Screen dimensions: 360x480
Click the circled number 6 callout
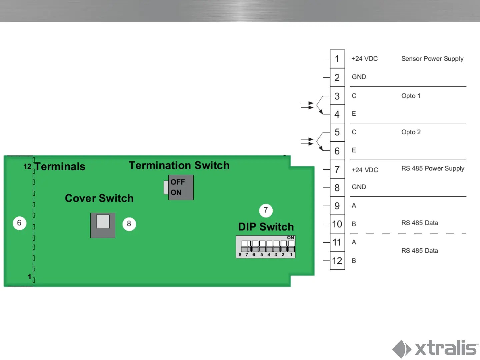(x=19, y=223)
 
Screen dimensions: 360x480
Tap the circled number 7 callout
(x=266, y=210)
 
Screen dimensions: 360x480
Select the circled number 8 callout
(x=129, y=224)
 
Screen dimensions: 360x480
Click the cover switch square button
(x=103, y=222)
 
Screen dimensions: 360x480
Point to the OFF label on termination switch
(x=178, y=182)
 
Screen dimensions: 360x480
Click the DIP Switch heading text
(x=266, y=227)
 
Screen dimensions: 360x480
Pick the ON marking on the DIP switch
(x=290, y=238)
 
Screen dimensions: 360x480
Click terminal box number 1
(x=337, y=59)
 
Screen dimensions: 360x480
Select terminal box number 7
(x=337, y=170)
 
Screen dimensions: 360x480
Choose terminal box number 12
(x=337, y=261)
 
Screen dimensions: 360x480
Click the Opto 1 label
(x=411, y=96)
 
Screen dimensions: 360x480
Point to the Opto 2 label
(x=411, y=132)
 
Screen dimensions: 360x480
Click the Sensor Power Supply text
(x=432, y=59)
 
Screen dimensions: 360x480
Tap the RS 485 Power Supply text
(x=433, y=168)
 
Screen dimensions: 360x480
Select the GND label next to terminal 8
(x=359, y=187)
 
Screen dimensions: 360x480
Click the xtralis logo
(x=435, y=348)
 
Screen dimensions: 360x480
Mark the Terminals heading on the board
(x=60, y=166)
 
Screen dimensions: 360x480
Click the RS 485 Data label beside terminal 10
(x=419, y=223)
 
